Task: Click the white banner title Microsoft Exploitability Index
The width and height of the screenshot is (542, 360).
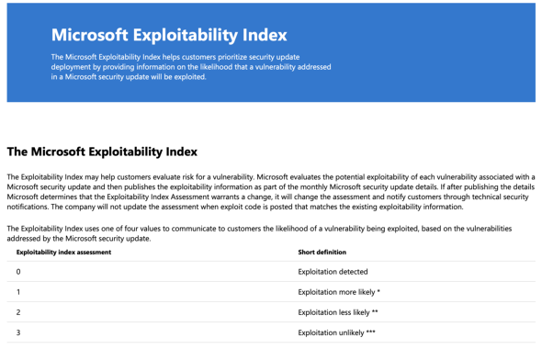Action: point(169,35)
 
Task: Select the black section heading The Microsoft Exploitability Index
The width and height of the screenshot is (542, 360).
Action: point(102,152)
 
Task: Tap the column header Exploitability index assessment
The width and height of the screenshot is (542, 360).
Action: point(63,253)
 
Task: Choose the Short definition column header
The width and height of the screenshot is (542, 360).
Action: point(322,253)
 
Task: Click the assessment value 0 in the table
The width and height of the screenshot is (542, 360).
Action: point(18,272)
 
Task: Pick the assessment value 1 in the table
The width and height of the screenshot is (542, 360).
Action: point(18,292)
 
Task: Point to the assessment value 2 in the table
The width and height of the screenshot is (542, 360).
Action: point(18,312)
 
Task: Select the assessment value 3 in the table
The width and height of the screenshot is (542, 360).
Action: point(18,332)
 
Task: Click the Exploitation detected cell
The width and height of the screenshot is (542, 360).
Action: point(333,272)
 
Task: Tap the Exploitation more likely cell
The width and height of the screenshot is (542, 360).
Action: point(339,292)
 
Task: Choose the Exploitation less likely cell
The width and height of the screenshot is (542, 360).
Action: point(338,312)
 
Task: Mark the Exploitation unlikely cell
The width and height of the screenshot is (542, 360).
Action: point(336,332)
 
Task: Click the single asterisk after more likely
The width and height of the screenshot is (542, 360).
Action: point(378,291)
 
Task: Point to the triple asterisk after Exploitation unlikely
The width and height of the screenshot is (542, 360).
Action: point(370,332)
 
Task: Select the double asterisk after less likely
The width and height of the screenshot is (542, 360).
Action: point(375,311)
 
